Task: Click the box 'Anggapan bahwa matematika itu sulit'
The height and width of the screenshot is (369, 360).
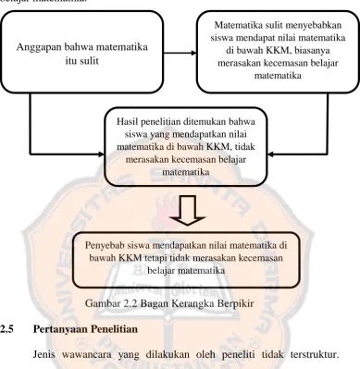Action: click(81, 52)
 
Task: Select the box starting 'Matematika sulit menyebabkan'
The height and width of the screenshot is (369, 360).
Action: click(278, 52)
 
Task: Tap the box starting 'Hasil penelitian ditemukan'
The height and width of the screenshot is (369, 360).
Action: click(186, 147)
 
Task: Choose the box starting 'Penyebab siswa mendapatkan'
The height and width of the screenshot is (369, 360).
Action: click(186, 260)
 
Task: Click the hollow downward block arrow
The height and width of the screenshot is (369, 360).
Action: click(187, 210)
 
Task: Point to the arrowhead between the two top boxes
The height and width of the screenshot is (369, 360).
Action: click(193, 53)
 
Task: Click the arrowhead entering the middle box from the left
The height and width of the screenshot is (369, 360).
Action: click(102, 154)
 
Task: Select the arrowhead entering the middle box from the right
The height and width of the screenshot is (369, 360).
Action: click(270, 154)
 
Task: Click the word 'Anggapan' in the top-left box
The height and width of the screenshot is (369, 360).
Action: click(39, 48)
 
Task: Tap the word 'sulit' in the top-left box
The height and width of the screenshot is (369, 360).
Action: click(89, 61)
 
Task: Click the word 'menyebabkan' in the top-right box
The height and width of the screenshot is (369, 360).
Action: click(316, 25)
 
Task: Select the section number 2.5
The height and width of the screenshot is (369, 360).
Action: click(6, 329)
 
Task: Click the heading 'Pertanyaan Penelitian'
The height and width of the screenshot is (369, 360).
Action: click(85, 329)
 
